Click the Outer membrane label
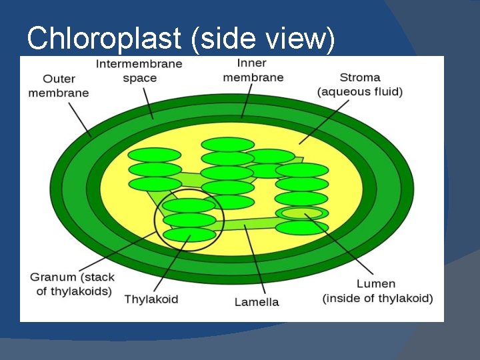(58, 85)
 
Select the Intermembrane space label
(139, 71)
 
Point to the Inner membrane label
(253, 70)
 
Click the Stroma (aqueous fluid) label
(360, 84)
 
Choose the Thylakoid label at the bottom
(151, 299)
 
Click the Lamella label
(257, 302)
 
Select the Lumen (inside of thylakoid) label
(377, 291)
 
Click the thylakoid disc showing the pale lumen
(302, 213)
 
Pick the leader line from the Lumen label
(340, 247)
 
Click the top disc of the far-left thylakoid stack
(155, 155)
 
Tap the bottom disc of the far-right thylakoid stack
(302, 228)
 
